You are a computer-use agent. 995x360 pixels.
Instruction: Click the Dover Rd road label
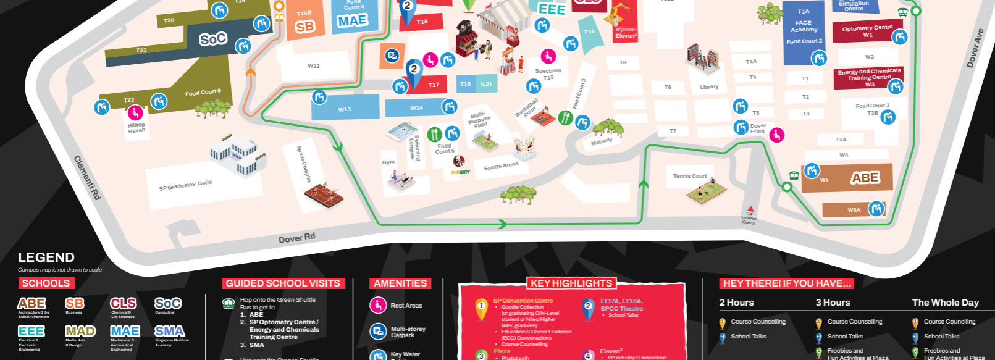coord(296,238)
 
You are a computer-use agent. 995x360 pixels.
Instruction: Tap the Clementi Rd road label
coord(87,178)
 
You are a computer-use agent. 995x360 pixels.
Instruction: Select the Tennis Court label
coord(689,176)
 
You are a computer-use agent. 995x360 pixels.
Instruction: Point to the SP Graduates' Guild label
coord(185,185)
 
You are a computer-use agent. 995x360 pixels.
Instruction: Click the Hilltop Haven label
coord(136,128)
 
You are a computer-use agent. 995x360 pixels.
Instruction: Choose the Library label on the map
coord(709,87)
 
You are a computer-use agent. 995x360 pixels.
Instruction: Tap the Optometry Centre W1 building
coord(867,31)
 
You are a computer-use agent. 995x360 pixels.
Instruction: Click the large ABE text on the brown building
coord(865,178)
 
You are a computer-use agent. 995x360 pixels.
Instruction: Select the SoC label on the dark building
coord(213,40)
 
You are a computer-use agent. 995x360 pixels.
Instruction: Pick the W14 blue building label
coord(417,108)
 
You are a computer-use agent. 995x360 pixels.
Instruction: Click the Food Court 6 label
coord(203,93)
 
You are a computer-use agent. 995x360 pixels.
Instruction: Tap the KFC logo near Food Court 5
coord(458,162)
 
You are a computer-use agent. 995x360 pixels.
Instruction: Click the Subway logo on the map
coord(460,172)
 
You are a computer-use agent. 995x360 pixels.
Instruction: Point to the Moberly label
coord(601,141)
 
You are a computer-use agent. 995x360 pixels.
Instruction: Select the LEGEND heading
coord(46,257)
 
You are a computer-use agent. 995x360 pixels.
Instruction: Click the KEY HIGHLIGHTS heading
coord(571,283)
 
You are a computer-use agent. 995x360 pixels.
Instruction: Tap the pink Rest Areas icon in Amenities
coord(378,305)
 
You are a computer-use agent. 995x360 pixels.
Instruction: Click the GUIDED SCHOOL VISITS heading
coord(283,283)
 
